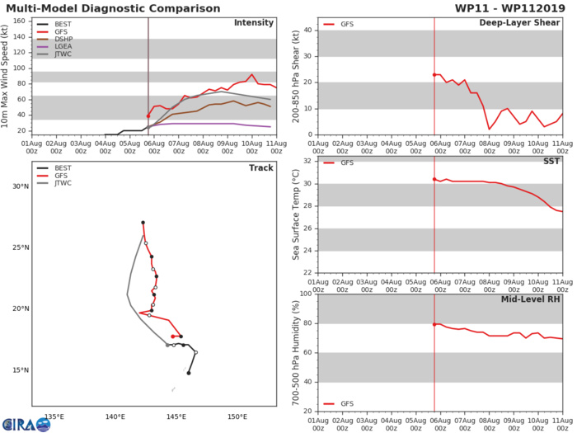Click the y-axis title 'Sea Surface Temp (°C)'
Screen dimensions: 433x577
(x=296, y=215)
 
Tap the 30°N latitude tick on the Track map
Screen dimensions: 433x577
(x=18, y=186)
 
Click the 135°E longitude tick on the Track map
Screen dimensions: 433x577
(x=55, y=415)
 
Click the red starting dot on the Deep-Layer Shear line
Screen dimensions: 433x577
(x=434, y=75)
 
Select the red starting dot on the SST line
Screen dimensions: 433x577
(x=434, y=179)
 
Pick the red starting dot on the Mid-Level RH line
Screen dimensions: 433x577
(x=434, y=324)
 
